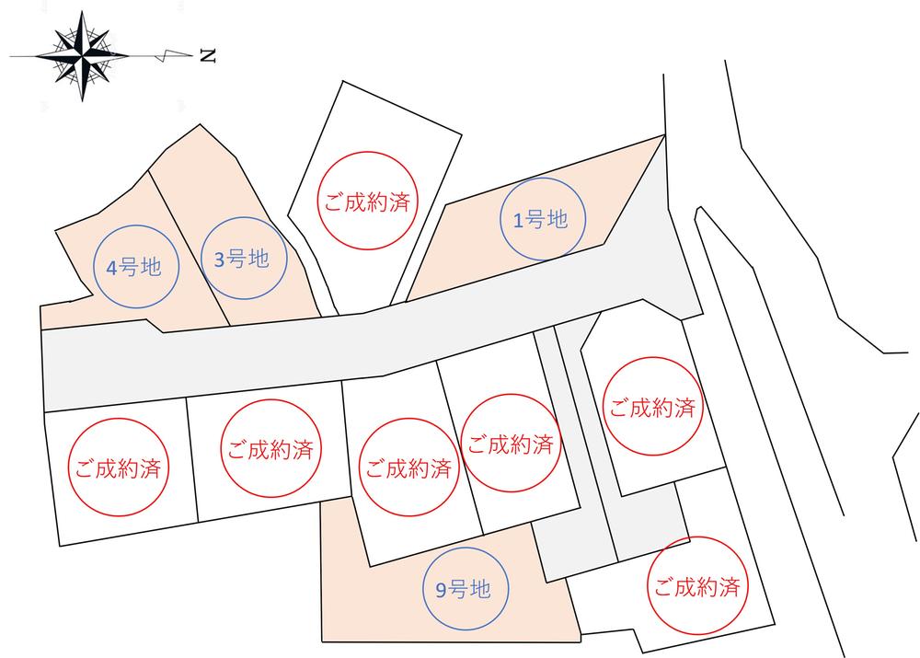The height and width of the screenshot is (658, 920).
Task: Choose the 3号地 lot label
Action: coord(241,260)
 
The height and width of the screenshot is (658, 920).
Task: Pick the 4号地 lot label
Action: coord(134,268)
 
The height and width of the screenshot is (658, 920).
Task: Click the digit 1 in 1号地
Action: coord(517,220)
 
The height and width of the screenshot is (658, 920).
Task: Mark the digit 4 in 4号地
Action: coord(112,269)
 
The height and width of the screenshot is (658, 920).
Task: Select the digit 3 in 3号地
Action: coord(219,260)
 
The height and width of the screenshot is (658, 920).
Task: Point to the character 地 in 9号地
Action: coord(479,590)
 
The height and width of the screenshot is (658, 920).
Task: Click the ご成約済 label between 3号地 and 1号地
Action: coord(365,202)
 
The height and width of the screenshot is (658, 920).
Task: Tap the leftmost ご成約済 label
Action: coord(118,468)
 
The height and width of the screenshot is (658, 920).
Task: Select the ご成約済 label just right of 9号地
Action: coord(696,585)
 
